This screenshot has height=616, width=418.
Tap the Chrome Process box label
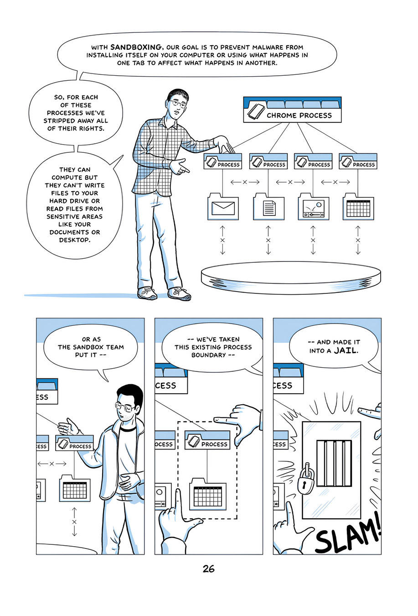pos(299,115)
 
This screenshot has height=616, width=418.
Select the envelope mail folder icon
pos(223,208)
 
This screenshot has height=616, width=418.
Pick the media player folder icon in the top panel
pos(313,208)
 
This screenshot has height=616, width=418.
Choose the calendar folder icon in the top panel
pos(358,208)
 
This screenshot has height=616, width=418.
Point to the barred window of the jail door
pos(335,463)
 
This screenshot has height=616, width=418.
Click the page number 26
pos(209,569)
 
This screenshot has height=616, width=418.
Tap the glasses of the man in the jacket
pos(126,407)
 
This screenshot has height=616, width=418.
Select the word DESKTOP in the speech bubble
pos(75,240)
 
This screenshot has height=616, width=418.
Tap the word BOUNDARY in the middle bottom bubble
pos(208,355)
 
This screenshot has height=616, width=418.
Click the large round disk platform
pos(291,277)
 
